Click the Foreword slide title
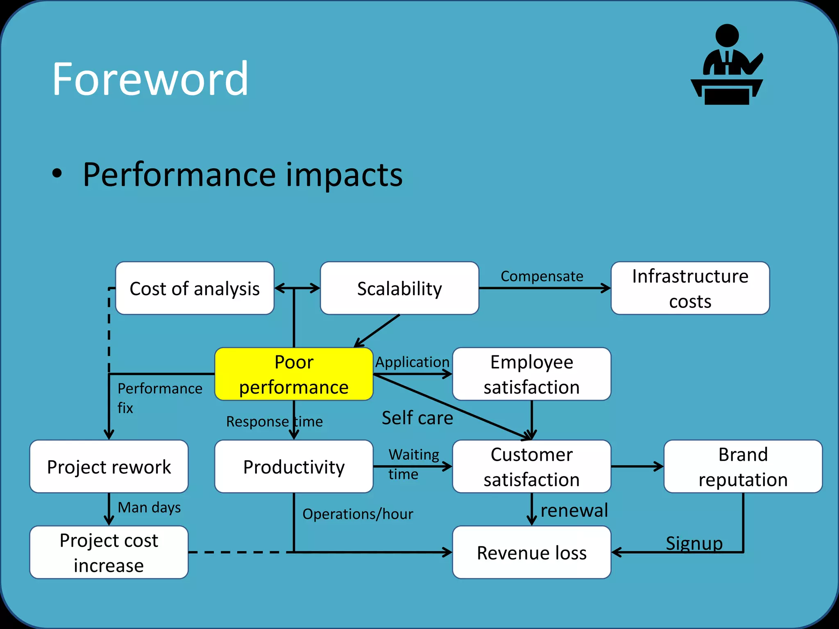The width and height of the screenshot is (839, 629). [x=150, y=79]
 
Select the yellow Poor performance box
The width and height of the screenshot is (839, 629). [x=294, y=374]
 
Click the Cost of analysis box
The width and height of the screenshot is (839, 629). [x=195, y=288]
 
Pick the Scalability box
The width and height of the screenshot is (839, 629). [x=399, y=288]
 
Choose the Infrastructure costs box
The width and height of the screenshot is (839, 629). [x=690, y=288]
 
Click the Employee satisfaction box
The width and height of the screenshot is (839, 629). [x=531, y=374]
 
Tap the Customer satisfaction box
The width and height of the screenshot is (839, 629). [x=531, y=466]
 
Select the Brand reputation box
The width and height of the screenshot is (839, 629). [x=743, y=466]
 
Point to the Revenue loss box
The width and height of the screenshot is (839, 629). [x=531, y=552]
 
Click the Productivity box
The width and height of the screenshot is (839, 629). [x=294, y=466]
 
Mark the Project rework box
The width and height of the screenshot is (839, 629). [x=109, y=466]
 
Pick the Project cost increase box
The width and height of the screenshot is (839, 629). [x=109, y=552]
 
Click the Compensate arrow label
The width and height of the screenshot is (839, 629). [x=542, y=276]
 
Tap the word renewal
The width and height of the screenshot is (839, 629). [x=574, y=511]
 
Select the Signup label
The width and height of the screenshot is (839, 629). [x=694, y=543]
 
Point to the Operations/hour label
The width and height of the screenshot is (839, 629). [x=358, y=514]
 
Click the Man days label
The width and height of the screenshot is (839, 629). [x=149, y=508]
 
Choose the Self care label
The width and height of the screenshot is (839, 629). [x=417, y=418]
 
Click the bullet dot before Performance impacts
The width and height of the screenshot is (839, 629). [x=57, y=174]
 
